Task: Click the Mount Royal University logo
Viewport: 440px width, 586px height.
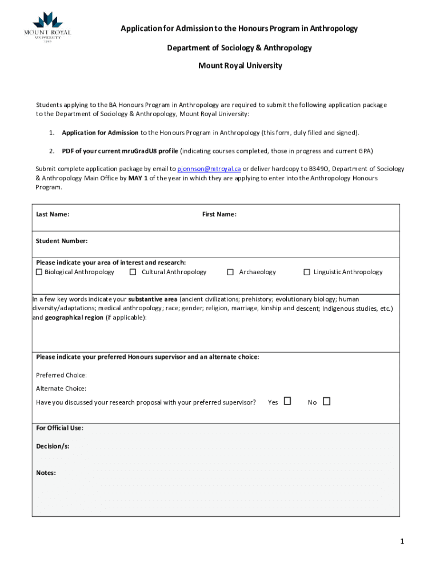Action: (51, 28)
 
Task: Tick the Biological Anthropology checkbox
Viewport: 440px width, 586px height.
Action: (39, 272)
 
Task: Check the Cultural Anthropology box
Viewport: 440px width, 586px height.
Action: (133, 272)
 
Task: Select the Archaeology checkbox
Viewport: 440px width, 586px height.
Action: (230, 272)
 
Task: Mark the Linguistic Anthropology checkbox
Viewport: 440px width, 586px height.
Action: (307, 272)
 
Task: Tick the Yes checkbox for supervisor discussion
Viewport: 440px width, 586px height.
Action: (287, 401)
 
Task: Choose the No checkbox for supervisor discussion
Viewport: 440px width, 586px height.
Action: (327, 401)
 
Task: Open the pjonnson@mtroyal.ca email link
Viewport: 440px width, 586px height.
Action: (209, 169)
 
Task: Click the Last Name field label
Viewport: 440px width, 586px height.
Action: (53, 215)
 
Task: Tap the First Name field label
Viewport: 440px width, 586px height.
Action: (219, 215)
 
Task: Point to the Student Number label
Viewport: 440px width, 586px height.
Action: (62, 241)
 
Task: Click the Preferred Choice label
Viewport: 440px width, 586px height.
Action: (61, 375)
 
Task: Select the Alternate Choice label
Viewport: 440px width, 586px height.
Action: (61, 389)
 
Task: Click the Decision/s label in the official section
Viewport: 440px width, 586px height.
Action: (53, 446)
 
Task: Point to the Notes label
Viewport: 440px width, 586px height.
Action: (46, 473)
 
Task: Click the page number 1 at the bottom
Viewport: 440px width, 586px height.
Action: (402, 541)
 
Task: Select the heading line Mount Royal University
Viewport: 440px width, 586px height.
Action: (240, 66)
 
